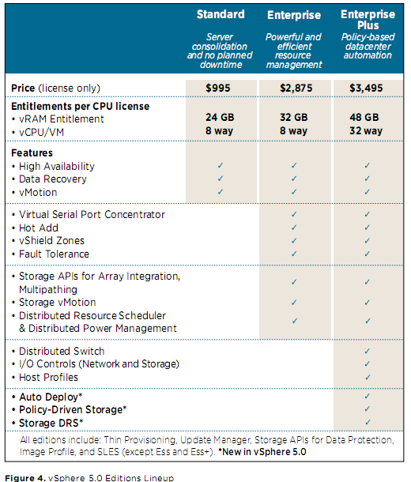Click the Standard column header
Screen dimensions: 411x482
click(221, 14)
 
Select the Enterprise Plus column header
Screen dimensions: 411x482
click(368, 20)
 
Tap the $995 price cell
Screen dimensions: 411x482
click(218, 88)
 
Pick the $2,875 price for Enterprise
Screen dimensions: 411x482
click(296, 88)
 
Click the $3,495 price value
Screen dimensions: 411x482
click(366, 88)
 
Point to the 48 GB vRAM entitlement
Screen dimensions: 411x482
click(364, 117)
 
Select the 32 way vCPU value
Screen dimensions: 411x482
click(366, 130)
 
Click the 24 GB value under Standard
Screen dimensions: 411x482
click(220, 117)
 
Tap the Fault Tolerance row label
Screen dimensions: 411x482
click(54, 254)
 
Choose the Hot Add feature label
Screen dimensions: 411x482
click(39, 228)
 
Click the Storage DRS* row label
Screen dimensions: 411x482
click(51, 423)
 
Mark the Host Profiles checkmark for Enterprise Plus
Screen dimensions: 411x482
click(368, 377)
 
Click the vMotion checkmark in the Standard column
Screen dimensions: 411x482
click(220, 192)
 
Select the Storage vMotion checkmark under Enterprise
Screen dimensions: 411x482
click(294, 303)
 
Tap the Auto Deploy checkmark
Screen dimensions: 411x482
click(368, 396)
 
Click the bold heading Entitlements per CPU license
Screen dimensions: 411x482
click(81, 107)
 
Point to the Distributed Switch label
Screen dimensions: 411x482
click(62, 351)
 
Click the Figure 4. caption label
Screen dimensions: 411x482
click(25, 478)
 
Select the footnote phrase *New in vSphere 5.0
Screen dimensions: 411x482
click(262, 452)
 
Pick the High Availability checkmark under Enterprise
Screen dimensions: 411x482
click(294, 165)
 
